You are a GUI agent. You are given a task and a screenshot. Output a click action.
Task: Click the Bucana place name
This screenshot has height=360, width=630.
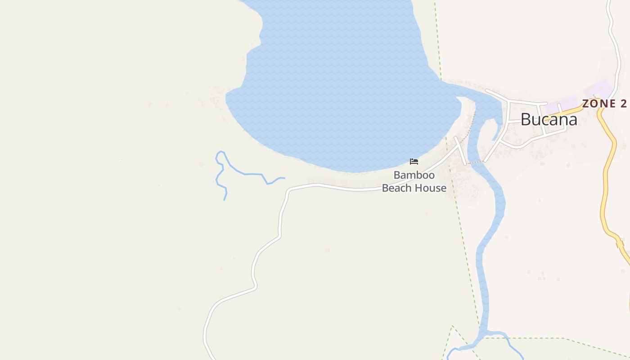coord(549,119)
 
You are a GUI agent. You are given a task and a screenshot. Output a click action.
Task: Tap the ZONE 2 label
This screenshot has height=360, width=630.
coord(604,103)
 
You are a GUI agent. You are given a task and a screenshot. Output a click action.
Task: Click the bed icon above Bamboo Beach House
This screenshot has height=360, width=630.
coord(414,162)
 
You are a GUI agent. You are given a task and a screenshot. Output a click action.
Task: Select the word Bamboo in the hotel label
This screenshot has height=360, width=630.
coord(414,175)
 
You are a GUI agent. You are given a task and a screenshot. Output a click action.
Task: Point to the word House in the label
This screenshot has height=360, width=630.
coord(432,188)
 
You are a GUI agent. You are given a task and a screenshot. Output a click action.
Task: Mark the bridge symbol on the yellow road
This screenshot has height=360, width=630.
coord(620,244)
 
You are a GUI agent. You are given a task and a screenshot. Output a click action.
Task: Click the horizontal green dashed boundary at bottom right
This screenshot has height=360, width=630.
coord(562,338)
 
